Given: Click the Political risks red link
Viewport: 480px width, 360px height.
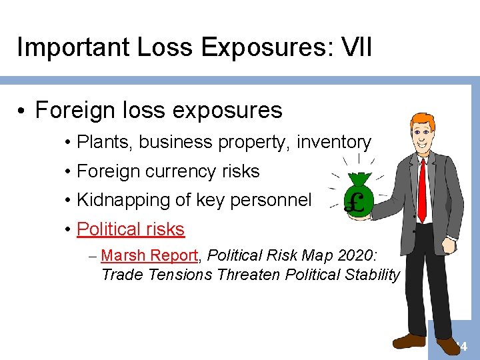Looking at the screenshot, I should click(x=131, y=229).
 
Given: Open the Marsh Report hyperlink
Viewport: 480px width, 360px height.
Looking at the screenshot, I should click(x=150, y=255).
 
